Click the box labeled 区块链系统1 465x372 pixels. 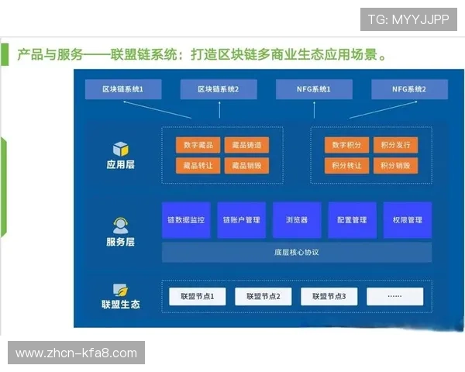tap(122, 90)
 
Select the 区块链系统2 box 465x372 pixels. tap(218, 90)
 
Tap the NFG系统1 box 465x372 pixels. tap(314, 90)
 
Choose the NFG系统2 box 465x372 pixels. tap(409, 90)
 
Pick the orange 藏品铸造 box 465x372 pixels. tap(246, 145)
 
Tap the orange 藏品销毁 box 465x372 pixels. tap(246, 165)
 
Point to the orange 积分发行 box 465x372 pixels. tap(395, 145)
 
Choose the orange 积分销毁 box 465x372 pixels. tap(395, 165)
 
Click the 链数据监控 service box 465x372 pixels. tap(186, 220)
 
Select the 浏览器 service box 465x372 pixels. tap(296, 220)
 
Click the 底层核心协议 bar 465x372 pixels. tap(296, 253)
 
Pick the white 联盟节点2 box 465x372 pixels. tap(257, 296)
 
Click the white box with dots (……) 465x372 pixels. tap(395, 296)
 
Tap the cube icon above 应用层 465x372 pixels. tap(120, 149)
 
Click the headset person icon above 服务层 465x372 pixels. tap(120, 226)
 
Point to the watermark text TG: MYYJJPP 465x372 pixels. tap(408, 18)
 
